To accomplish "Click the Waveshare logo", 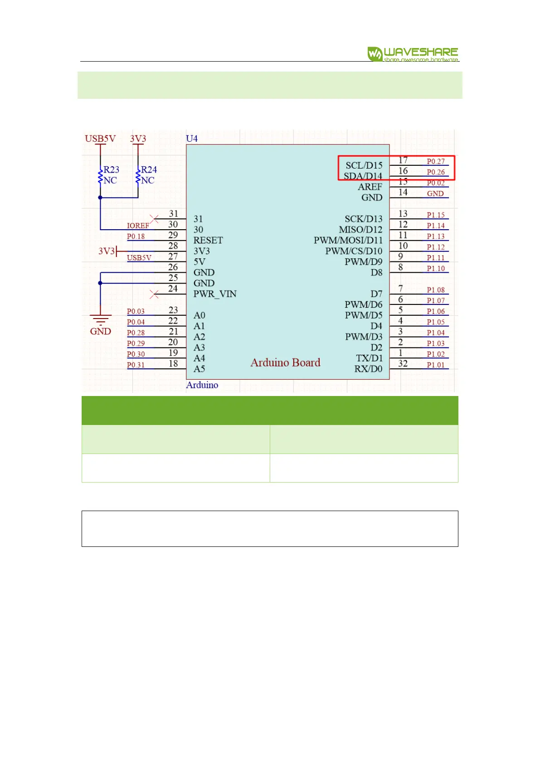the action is (413, 54).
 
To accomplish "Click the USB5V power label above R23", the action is (100, 139).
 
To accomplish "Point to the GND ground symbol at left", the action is (100, 321).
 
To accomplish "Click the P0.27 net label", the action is (436, 161).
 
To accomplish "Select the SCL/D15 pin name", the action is (364, 165).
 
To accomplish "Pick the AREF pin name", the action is (370, 187).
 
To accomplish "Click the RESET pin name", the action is (208, 240).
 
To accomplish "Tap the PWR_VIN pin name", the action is (215, 294).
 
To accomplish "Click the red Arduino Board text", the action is (285, 362).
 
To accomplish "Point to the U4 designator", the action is (192, 139).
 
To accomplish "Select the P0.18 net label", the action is (136, 236).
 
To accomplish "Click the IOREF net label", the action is (138, 226).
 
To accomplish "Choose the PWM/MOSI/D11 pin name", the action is (348, 240).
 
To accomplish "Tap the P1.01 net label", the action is (436, 365).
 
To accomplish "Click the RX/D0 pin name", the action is (368, 369).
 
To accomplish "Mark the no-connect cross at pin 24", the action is (154, 294).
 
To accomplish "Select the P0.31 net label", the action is (136, 365).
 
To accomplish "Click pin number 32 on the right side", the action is (403, 363).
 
